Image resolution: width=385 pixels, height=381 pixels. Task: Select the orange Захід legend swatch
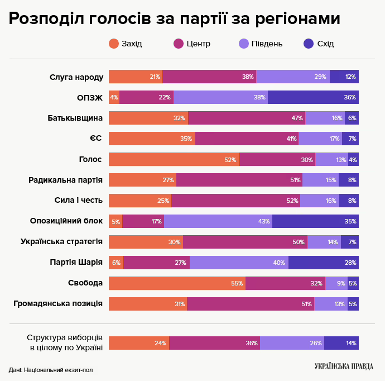click(114, 44)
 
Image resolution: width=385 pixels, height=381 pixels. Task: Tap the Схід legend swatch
click(308, 44)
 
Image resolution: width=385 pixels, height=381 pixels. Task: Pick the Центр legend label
click(199, 44)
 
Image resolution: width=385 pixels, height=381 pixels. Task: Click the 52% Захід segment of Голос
click(174, 159)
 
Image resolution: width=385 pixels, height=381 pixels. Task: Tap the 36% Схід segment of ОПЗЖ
click(313, 97)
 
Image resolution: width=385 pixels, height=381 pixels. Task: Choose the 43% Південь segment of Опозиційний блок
click(218, 221)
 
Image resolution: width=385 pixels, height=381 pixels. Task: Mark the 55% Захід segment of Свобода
click(177, 283)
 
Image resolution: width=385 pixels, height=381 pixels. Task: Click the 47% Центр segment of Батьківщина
click(247, 118)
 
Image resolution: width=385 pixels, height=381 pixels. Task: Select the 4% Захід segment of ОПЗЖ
click(114, 97)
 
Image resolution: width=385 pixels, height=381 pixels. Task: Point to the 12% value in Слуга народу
click(350, 77)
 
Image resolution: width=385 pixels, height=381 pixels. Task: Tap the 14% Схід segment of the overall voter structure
click(341, 343)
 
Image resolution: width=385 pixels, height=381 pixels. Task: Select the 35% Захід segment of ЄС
click(152, 139)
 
